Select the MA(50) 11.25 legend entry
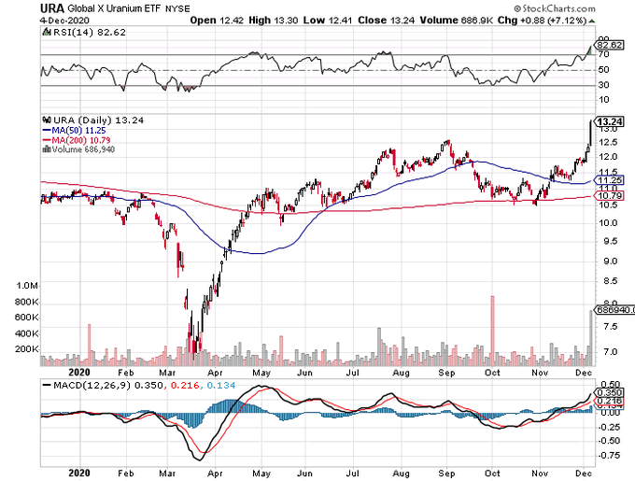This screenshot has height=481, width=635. click(80, 130)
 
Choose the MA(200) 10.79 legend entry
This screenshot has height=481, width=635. click(83, 139)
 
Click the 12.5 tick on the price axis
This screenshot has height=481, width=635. click(607, 143)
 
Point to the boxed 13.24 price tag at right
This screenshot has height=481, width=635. click(609, 120)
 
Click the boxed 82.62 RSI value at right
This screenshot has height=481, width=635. click(609, 44)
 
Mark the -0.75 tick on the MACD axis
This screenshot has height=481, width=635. click(609, 456)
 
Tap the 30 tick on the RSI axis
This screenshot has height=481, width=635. click(604, 86)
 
